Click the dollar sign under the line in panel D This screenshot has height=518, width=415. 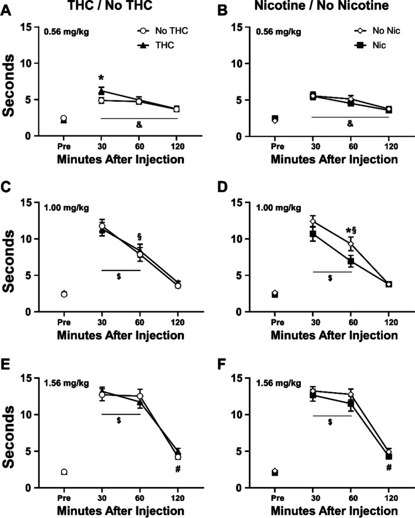point(330,278)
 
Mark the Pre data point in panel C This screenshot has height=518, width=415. point(64,294)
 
